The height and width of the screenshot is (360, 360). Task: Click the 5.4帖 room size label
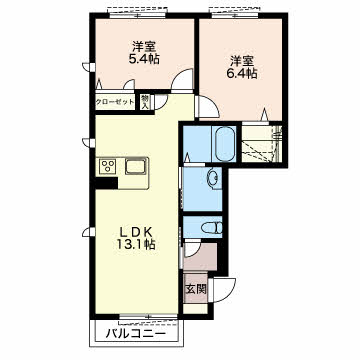[x=144, y=59]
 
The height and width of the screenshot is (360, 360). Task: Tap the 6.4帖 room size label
[x=242, y=73]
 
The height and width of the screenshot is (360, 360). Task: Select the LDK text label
[x=136, y=231]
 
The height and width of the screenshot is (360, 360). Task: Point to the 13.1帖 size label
[x=136, y=245]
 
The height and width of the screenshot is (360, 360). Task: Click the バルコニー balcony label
[x=135, y=333]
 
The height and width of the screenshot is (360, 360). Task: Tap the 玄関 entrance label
[x=196, y=289]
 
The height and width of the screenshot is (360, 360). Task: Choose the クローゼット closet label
[x=115, y=102]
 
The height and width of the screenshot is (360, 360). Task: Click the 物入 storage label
[x=145, y=102]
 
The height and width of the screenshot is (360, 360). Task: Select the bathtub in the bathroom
[x=223, y=144]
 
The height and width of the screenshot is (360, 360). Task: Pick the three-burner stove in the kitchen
[x=108, y=166]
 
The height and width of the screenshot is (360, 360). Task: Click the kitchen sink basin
[x=136, y=166]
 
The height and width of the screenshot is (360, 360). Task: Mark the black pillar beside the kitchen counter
[x=106, y=183]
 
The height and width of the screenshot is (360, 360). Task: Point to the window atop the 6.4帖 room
[x=235, y=14]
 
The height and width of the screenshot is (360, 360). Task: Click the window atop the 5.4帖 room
[x=137, y=14]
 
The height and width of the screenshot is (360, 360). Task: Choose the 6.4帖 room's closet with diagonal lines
[x=262, y=144]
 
